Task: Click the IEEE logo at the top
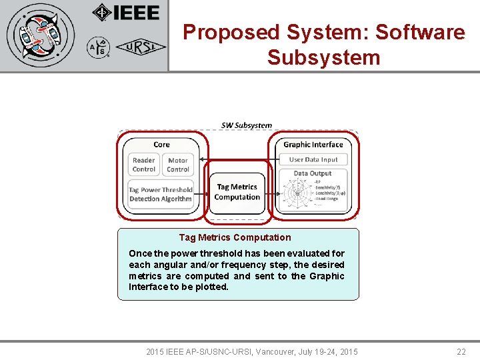pyautogui.click(x=126, y=13)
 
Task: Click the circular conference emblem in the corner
pyautogui.click(x=41, y=35)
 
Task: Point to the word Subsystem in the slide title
pyautogui.click(x=323, y=57)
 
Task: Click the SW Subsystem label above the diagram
pyautogui.click(x=247, y=125)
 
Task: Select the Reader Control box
pyautogui.click(x=144, y=165)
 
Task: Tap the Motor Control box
pyautogui.click(x=178, y=165)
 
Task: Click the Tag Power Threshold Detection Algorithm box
pyautogui.click(x=161, y=194)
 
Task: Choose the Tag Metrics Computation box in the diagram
pyautogui.click(x=237, y=192)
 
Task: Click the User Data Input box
pyautogui.click(x=313, y=159)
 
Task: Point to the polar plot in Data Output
pyautogui.click(x=297, y=193)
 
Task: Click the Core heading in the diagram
pyautogui.click(x=161, y=144)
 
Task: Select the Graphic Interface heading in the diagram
pyautogui.click(x=313, y=144)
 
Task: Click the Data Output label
pyautogui.click(x=313, y=173)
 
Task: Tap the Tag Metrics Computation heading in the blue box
pyautogui.click(x=235, y=237)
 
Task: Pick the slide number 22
pyautogui.click(x=461, y=351)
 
